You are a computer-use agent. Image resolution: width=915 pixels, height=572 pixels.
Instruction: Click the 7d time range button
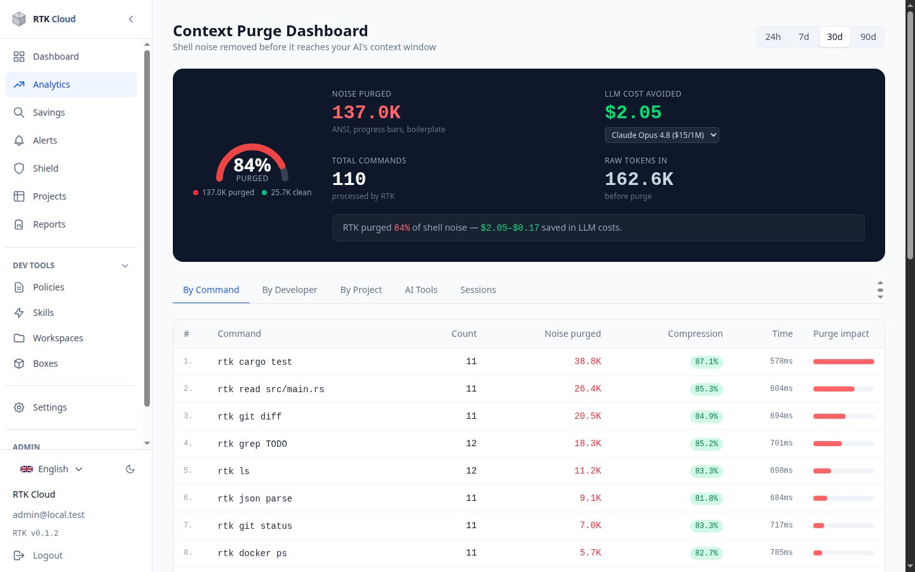click(803, 37)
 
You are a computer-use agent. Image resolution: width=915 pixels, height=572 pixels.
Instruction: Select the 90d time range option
click(868, 37)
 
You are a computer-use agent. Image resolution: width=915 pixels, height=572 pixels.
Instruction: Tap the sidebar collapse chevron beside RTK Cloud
click(131, 19)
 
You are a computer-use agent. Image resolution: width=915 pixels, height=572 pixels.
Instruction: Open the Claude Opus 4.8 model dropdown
click(661, 135)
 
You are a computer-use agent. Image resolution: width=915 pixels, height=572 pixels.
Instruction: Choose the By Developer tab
click(290, 290)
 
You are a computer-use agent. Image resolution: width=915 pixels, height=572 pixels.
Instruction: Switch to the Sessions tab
click(478, 290)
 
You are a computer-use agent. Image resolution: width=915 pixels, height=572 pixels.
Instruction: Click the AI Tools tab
click(421, 290)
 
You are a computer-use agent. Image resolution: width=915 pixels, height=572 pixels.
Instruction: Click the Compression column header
click(695, 334)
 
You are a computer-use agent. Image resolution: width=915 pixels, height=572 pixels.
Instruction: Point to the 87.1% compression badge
click(707, 362)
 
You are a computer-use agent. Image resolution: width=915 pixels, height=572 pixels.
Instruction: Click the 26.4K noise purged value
click(587, 388)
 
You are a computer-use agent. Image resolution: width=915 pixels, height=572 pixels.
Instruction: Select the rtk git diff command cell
click(250, 416)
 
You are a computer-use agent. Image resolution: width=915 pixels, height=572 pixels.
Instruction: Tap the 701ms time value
click(781, 444)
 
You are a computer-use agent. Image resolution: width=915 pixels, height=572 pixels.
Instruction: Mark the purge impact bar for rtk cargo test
click(844, 362)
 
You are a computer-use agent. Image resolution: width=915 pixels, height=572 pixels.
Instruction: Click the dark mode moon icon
click(130, 469)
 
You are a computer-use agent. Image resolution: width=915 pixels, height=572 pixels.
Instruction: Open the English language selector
click(51, 469)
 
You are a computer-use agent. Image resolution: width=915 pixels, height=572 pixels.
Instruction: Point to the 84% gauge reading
click(252, 165)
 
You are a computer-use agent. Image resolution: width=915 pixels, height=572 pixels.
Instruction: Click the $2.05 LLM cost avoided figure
click(633, 112)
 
